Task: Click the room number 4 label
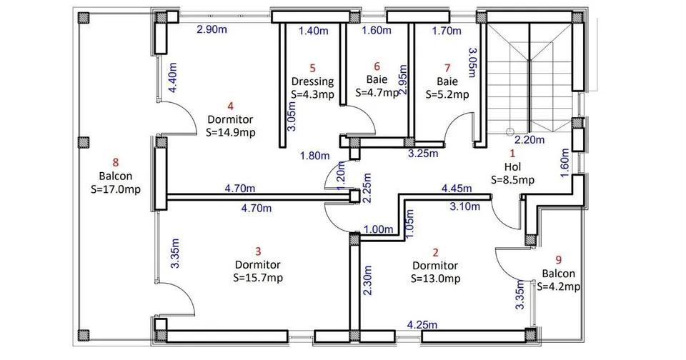tap(231, 106)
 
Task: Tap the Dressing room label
tap(312, 81)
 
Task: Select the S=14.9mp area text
tap(231, 132)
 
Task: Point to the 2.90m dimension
tap(212, 30)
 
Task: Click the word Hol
tap(513, 166)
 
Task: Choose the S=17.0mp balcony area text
tap(116, 189)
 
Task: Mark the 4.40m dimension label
tap(173, 77)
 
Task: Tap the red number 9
tap(559, 260)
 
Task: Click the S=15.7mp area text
tap(258, 278)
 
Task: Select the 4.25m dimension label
tap(422, 324)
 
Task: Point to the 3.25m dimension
tap(423, 154)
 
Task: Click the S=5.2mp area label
tap(447, 94)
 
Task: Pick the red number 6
tap(377, 66)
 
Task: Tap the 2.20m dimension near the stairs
tap(530, 140)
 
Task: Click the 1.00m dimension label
tap(379, 229)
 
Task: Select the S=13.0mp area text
tap(436, 279)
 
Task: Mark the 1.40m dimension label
tap(314, 31)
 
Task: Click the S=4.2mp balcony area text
tap(559, 286)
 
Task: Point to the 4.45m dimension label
tap(457, 189)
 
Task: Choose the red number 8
tap(116, 163)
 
